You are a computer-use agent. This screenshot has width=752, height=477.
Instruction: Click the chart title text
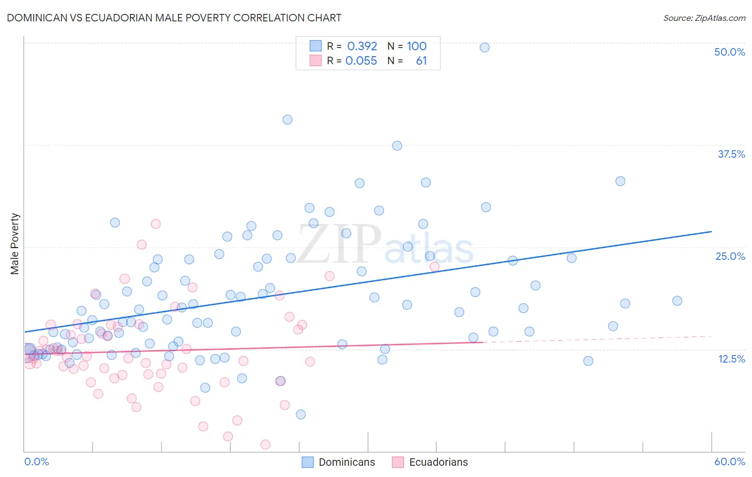tap(174, 18)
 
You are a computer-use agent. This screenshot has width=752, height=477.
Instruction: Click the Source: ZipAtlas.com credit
tap(704, 18)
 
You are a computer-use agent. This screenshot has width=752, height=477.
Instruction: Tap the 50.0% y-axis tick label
tap(730, 52)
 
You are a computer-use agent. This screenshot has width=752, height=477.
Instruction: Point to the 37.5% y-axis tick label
tap(731, 154)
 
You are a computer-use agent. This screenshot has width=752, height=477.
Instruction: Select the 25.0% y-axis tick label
tap(730, 256)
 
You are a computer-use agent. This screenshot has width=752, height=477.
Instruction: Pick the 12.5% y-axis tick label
tap(731, 359)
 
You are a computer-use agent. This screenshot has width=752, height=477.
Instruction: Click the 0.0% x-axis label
tap(36, 461)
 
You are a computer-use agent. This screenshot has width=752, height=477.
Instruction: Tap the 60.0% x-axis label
tap(730, 461)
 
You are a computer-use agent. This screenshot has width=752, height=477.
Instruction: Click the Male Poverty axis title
tap(15, 244)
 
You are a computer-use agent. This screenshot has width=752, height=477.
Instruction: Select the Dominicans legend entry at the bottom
tap(339, 462)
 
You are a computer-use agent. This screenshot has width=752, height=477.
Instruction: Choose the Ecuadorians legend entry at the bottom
tap(430, 462)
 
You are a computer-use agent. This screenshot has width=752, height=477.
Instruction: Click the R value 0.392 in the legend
tap(362, 47)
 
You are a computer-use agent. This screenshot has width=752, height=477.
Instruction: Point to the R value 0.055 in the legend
tap(361, 61)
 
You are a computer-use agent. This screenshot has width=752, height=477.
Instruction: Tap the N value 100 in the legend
tap(417, 47)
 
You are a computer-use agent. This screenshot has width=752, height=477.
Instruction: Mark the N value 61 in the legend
tap(421, 61)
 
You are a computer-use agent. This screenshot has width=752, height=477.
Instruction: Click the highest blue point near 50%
tap(485, 47)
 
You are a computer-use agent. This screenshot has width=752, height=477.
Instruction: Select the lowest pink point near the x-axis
tap(265, 444)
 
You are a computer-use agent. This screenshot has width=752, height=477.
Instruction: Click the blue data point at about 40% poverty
tap(287, 120)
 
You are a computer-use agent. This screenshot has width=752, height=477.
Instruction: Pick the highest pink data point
tap(156, 224)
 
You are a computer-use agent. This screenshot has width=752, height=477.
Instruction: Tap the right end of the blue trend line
tap(711, 232)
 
